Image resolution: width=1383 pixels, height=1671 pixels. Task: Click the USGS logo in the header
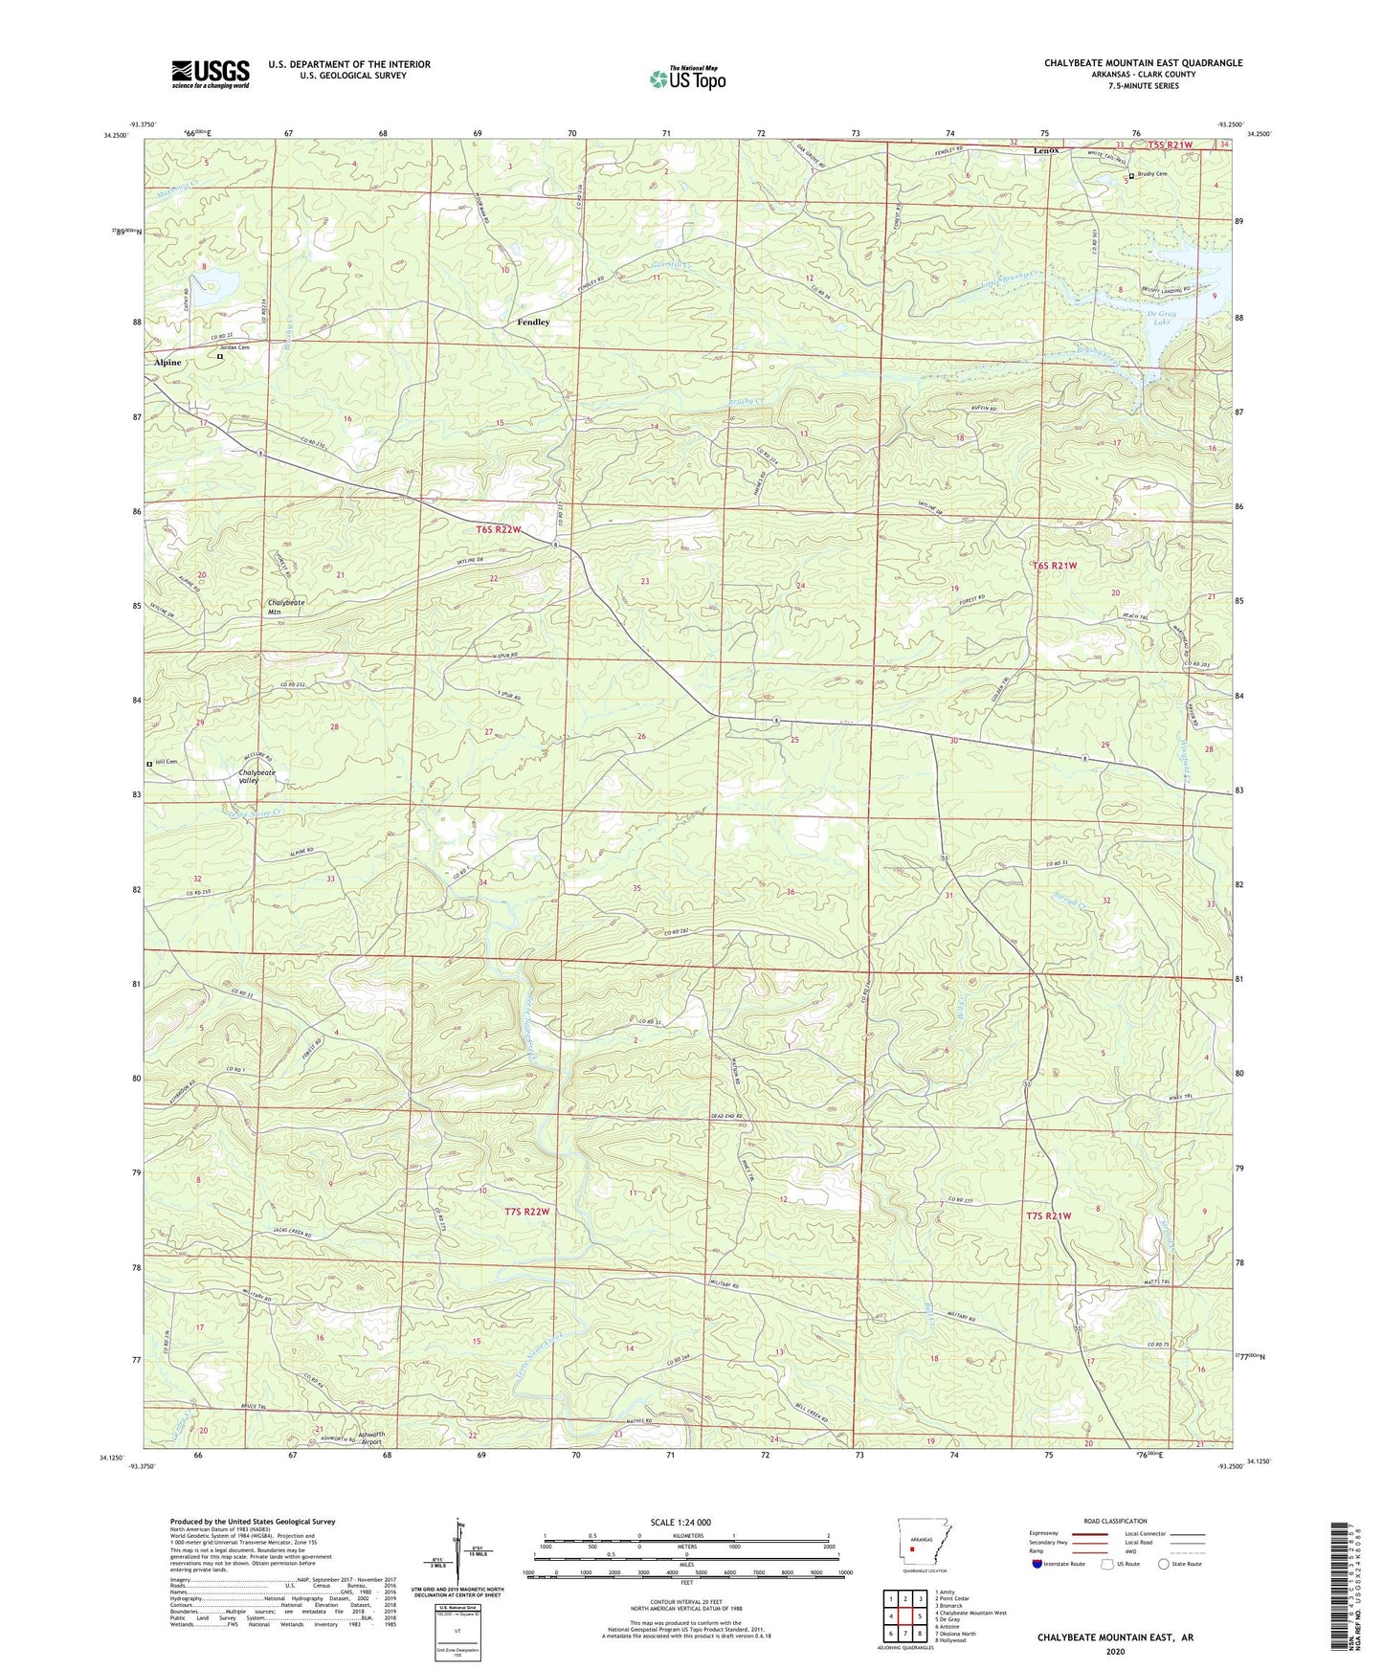(x=211, y=74)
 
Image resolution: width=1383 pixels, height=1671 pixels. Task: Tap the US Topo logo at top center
(x=687, y=78)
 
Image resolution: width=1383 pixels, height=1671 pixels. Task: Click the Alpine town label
(x=167, y=363)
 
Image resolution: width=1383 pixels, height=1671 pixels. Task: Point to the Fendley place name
(x=533, y=322)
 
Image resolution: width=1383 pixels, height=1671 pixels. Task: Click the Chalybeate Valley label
(x=257, y=776)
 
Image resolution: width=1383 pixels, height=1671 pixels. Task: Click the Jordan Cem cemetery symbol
(x=220, y=356)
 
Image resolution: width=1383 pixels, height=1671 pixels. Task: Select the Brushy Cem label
(x=1153, y=174)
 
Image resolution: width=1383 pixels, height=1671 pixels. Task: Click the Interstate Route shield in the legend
(x=1037, y=1564)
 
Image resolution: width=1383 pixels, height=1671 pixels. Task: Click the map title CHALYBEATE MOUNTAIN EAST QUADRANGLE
(x=1143, y=63)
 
